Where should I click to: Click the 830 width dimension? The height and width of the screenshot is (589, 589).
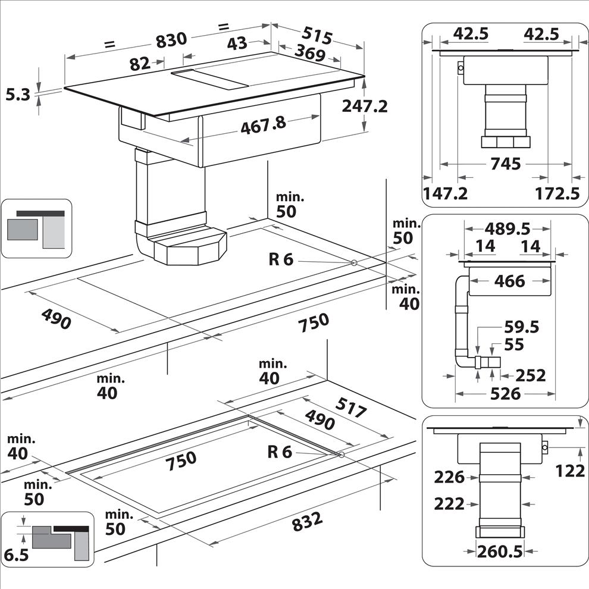[171, 40]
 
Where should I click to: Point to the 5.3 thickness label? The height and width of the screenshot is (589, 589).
[18, 94]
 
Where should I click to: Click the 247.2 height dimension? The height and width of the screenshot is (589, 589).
[365, 106]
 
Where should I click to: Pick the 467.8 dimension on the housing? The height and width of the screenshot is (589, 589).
[264, 125]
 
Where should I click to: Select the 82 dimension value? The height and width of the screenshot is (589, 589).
[140, 64]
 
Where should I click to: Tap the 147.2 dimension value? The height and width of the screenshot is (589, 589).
[446, 193]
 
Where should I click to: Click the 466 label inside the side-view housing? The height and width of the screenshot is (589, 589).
[509, 281]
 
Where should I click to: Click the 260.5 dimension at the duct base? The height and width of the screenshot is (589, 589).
[500, 552]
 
